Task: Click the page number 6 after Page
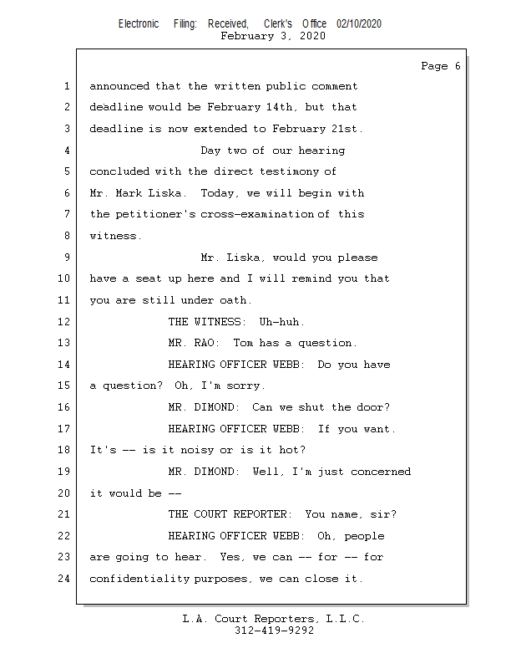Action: tap(458, 66)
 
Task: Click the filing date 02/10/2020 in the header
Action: tap(359, 24)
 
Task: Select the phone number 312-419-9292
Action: tap(275, 631)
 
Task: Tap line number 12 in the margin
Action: tap(64, 321)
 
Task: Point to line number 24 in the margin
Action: tap(64, 579)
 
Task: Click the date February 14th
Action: tap(250, 107)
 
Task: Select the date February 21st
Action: tap(317, 129)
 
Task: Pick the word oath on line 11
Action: tap(235, 300)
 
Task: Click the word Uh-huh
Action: tap(281, 322)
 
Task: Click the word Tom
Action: tap(243, 343)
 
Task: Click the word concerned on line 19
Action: tap(381, 472)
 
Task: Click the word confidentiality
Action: tap(139, 579)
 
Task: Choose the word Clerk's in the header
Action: tap(278, 24)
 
